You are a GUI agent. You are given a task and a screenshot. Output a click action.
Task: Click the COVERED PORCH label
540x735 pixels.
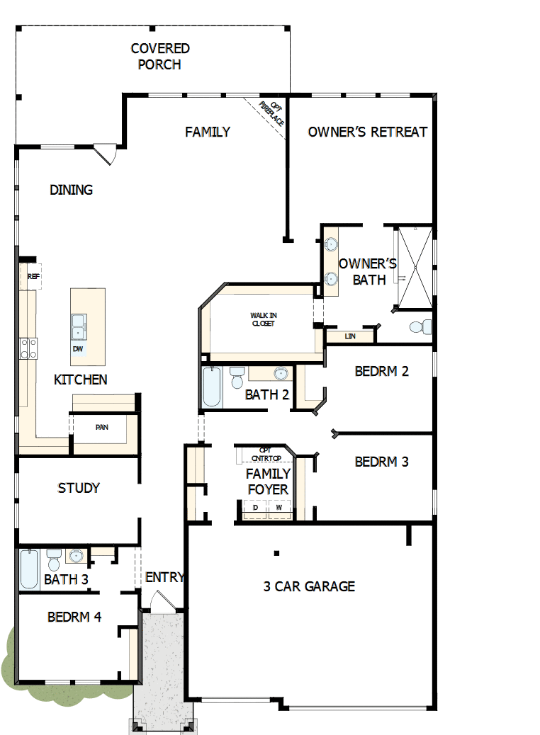click(x=160, y=57)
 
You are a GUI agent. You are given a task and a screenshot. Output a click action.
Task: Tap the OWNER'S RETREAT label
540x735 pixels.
click(x=367, y=132)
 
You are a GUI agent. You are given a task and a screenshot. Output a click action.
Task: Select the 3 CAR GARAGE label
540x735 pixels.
click(x=309, y=586)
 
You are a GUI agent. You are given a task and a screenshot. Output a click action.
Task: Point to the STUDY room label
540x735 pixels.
click(x=79, y=488)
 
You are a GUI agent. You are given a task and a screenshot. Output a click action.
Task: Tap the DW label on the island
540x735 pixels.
click(x=78, y=349)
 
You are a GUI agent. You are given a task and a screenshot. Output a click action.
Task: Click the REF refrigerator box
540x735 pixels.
click(x=33, y=277)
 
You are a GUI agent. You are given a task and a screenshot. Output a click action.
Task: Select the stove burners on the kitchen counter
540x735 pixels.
click(x=29, y=348)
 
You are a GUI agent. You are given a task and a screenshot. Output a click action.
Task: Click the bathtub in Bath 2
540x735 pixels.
click(x=211, y=387)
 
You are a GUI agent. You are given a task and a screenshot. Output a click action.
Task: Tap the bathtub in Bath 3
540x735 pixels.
click(x=29, y=570)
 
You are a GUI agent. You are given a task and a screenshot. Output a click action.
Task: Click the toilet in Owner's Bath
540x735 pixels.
click(x=421, y=327)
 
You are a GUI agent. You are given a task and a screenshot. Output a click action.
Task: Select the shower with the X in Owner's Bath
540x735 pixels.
click(x=414, y=268)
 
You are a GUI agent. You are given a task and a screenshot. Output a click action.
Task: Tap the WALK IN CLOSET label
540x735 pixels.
click(x=262, y=319)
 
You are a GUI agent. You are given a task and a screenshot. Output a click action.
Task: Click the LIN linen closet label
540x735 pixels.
click(x=350, y=336)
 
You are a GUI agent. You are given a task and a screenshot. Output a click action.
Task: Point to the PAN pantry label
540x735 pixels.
click(x=101, y=428)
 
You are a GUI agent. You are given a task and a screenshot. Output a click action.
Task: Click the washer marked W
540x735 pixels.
click(x=279, y=508)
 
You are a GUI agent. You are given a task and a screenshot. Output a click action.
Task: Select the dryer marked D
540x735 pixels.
click(x=255, y=508)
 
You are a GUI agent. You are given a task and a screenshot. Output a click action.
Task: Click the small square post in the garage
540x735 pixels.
click(x=277, y=553)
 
